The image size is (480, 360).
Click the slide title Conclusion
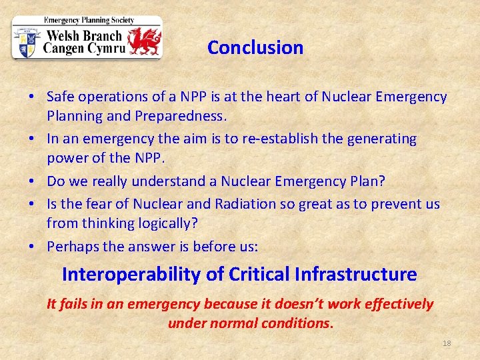click(x=255, y=48)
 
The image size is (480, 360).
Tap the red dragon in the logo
click(x=144, y=41)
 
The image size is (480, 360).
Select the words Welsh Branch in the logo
click(x=83, y=36)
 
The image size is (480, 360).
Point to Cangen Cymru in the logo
click(x=84, y=49)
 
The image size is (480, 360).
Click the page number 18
click(x=447, y=343)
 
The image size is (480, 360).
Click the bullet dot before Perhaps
click(x=33, y=247)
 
